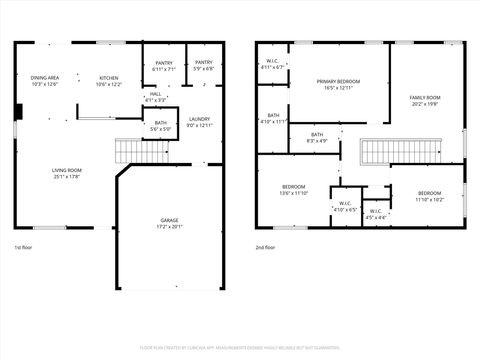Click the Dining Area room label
point(45,81)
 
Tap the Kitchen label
point(108,81)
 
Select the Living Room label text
point(67,174)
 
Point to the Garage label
point(171,223)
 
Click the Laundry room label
point(200,122)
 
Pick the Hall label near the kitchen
point(155,96)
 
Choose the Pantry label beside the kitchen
point(161,66)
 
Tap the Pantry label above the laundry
point(203,66)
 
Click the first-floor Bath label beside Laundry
point(160,126)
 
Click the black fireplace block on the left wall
point(18,111)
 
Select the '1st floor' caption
point(23,247)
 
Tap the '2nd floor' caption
point(265,247)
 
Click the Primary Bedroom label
point(338,84)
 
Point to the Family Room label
point(425,101)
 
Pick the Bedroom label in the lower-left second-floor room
point(293,190)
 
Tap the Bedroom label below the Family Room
point(429,195)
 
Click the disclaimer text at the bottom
point(240,348)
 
